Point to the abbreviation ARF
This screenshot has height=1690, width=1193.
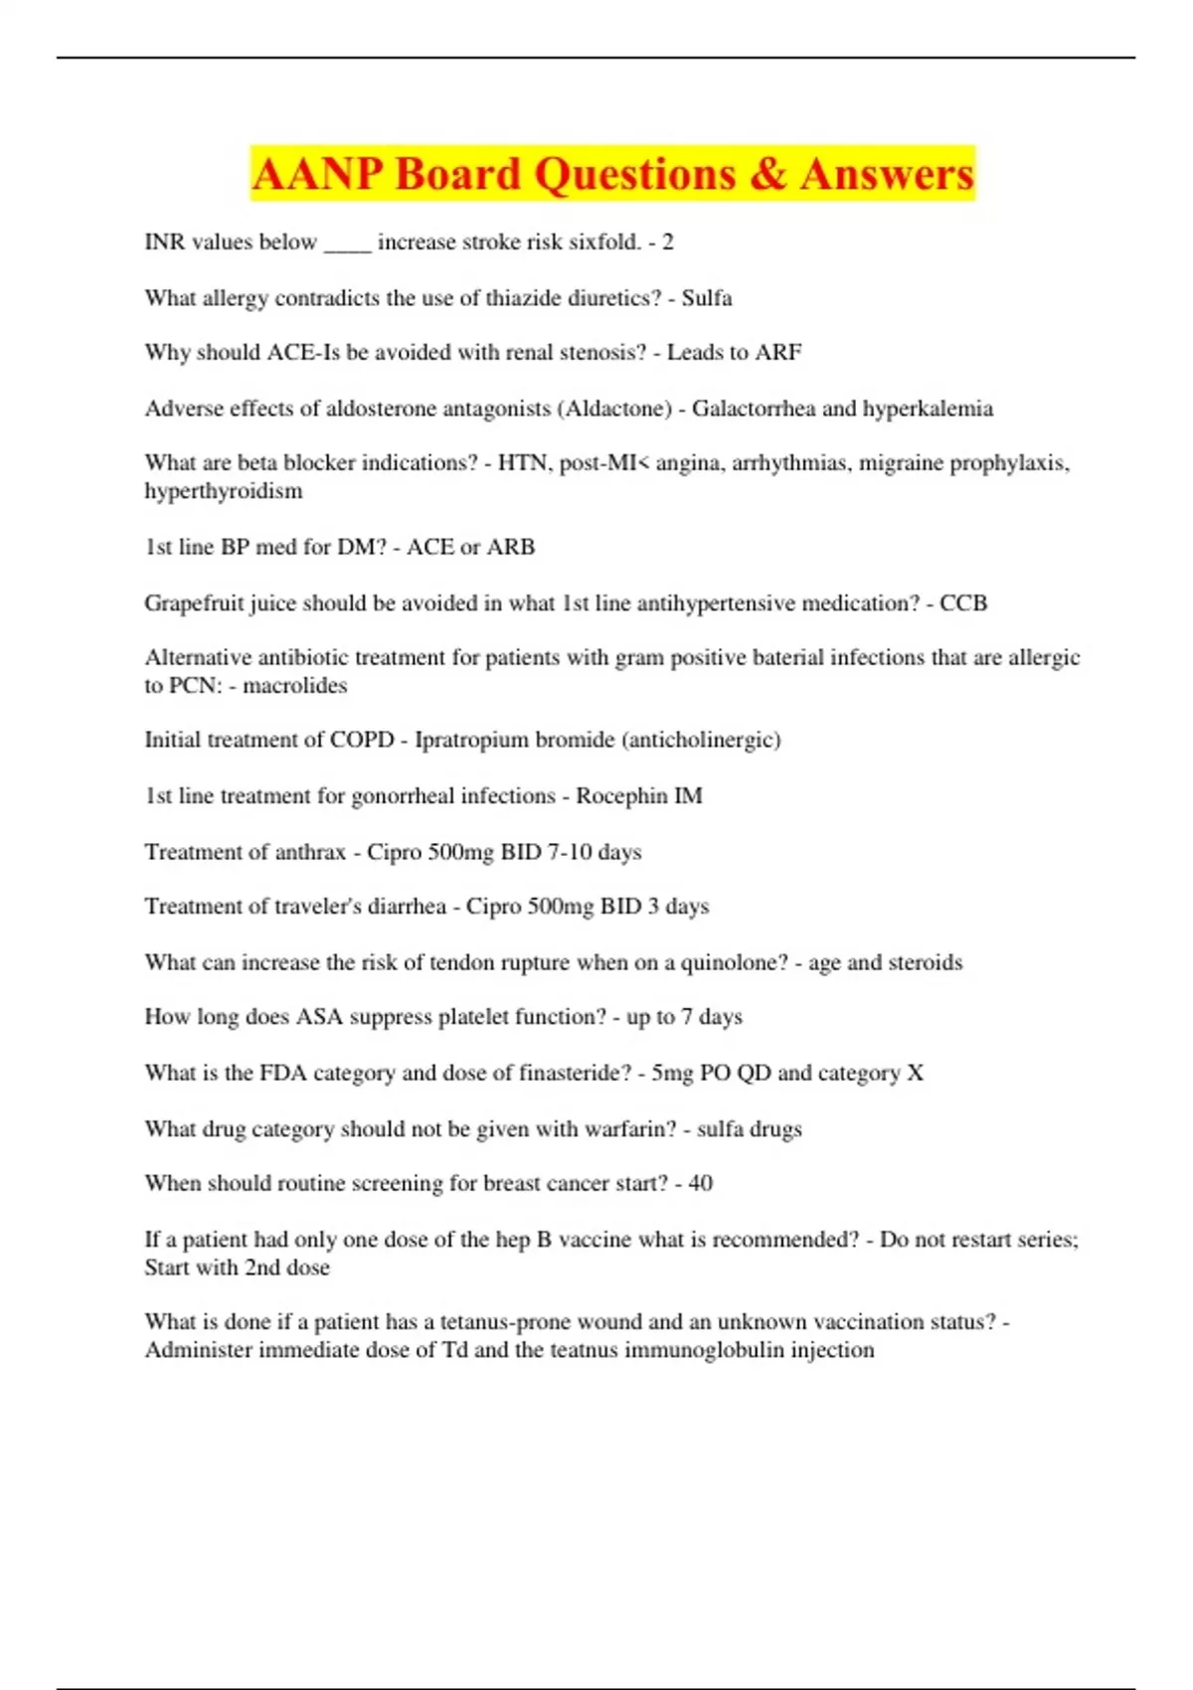pyautogui.click(x=778, y=353)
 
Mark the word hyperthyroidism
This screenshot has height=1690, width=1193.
pyautogui.click(x=224, y=491)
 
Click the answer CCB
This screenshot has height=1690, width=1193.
pyautogui.click(x=963, y=603)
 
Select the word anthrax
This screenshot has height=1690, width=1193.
pyautogui.click(x=309, y=852)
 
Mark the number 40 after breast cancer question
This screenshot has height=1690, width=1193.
pyautogui.click(x=700, y=1184)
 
